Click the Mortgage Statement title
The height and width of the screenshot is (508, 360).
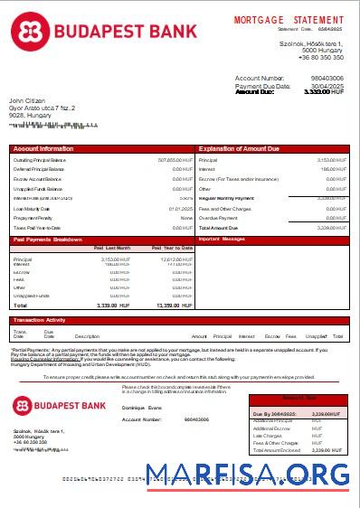click(289, 19)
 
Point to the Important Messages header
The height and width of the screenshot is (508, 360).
click(222, 240)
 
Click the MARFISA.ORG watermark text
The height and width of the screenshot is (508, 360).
click(248, 475)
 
